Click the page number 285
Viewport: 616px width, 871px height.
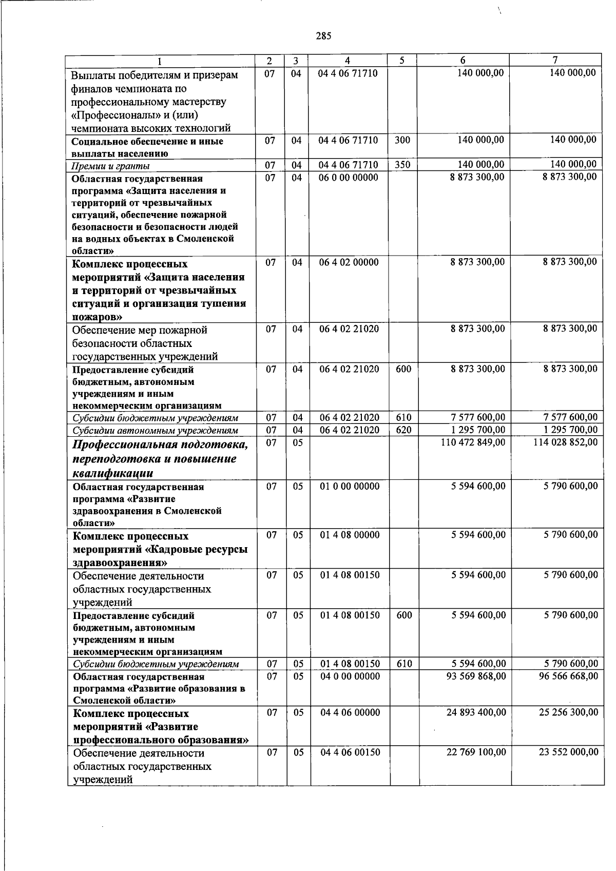coord(324,35)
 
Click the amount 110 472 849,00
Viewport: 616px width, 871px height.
coord(473,442)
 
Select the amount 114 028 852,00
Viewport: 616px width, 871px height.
coord(565,442)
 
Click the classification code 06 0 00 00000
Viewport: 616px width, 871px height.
coord(349,178)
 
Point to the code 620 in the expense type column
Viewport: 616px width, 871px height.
coord(403,430)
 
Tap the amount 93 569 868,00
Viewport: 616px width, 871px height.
coord(476,676)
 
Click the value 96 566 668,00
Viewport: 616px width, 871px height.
coord(568,676)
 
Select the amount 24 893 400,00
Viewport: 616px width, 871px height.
coord(476,712)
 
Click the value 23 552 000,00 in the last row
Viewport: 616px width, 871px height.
coord(568,752)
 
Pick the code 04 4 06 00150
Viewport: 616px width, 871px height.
coord(350,752)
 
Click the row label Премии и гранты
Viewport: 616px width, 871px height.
coord(111,166)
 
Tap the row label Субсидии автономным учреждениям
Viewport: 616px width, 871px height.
coord(155,431)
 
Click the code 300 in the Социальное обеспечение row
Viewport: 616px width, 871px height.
coord(402,140)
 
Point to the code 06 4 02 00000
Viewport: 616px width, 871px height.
coord(349,262)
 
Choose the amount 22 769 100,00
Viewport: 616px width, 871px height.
coord(476,752)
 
